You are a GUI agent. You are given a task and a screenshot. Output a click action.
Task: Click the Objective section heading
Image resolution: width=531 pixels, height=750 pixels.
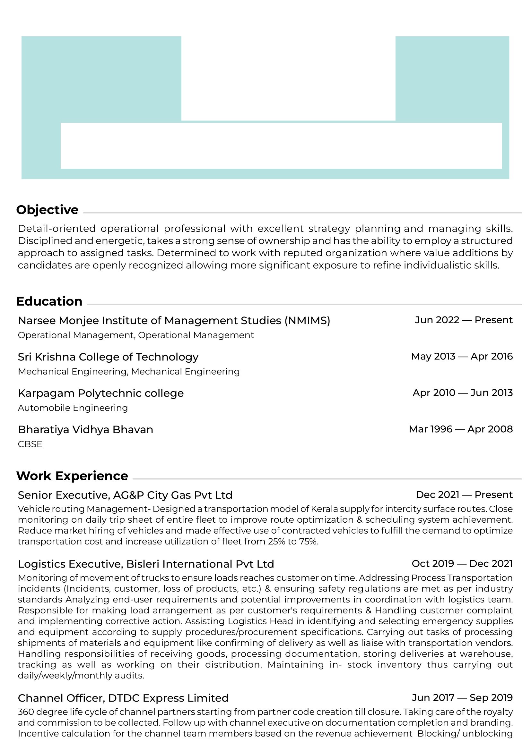pyautogui.click(x=48, y=210)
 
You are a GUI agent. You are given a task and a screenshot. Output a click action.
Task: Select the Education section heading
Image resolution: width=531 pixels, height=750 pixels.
pyautogui.click(x=49, y=301)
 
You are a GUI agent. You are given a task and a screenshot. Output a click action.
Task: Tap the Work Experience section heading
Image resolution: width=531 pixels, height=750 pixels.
pyautogui.click(x=72, y=476)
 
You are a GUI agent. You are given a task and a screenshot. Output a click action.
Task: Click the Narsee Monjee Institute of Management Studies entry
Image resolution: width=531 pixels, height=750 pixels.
pyautogui.click(x=174, y=320)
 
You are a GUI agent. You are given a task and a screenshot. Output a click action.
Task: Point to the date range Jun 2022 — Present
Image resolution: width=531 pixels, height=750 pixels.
pyautogui.click(x=463, y=320)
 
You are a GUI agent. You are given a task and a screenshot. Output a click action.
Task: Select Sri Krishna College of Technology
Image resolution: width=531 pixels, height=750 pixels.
pyautogui.click(x=108, y=357)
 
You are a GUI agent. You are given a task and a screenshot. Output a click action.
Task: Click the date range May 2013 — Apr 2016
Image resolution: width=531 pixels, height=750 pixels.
pyautogui.click(x=462, y=356)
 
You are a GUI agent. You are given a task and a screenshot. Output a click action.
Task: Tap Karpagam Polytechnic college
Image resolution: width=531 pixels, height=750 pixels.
pyautogui.click(x=101, y=393)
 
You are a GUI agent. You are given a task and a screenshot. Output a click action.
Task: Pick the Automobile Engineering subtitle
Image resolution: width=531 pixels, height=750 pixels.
pyautogui.click(x=73, y=408)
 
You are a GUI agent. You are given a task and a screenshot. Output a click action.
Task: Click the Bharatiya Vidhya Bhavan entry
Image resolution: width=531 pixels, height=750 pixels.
pyautogui.click(x=86, y=429)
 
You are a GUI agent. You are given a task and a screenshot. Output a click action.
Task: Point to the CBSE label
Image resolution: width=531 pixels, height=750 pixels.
pyautogui.click(x=30, y=444)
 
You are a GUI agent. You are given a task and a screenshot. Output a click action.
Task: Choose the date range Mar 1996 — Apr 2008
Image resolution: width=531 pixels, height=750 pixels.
pyautogui.click(x=460, y=429)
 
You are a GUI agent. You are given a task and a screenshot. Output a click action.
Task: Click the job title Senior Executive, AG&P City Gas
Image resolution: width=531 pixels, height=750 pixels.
pyautogui.click(x=125, y=495)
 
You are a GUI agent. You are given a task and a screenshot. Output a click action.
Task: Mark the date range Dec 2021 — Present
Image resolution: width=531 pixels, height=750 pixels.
pyautogui.click(x=464, y=494)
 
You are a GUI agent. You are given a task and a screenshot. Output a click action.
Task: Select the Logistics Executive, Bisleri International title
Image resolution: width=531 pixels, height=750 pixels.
pyautogui.click(x=146, y=564)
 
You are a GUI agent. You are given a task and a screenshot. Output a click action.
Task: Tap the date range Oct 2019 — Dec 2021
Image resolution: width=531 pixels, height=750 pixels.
pyautogui.click(x=462, y=563)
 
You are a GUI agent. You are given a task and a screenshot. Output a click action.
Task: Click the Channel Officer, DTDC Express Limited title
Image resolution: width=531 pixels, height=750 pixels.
pyautogui.click(x=123, y=698)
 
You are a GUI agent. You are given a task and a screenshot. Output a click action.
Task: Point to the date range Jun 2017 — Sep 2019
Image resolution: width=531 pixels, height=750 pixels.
pyautogui.click(x=462, y=698)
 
